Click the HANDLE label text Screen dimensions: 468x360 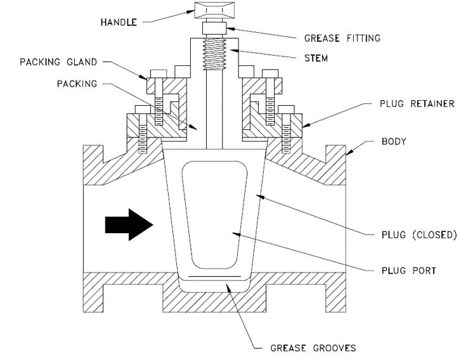(x=119, y=22)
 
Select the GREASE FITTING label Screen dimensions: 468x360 (x=342, y=38)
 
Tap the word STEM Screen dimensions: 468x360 (x=316, y=58)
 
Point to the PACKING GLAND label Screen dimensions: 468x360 (x=58, y=62)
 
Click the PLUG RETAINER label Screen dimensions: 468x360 (x=417, y=104)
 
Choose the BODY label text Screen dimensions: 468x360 (x=394, y=141)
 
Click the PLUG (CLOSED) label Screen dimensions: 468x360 (x=419, y=235)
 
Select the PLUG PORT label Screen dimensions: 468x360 (x=409, y=271)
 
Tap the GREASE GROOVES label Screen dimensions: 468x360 (x=313, y=348)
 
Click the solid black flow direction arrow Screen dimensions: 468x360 (x=129, y=224)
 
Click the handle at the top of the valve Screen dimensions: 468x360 (x=214, y=10)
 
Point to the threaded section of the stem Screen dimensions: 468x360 (x=214, y=54)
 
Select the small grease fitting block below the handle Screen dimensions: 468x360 (x=214, y=29)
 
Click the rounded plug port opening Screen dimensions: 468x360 (x=214, y=215)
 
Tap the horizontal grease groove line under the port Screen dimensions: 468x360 (x=214, y=276)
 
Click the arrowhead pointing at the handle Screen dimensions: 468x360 (x=191, y=12)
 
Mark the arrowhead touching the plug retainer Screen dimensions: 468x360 (x=306, y=125)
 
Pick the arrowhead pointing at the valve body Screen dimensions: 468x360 (x=349, y=152)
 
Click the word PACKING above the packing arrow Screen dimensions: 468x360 (x=77, y=84)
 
